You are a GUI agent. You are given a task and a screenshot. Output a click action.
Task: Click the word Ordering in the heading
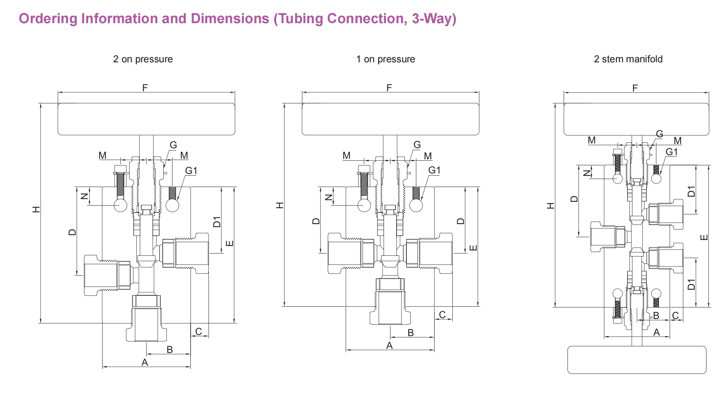click(x=48, y=19)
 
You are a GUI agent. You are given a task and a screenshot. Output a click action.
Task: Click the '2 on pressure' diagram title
click(x=143, y=59)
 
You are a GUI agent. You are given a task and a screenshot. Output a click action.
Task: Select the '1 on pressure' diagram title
click(x=386, y=59)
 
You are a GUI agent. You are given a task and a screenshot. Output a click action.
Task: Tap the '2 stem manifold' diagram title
click(x=628, y=59)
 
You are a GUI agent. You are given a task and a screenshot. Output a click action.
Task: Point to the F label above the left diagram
click(x=145, y=88)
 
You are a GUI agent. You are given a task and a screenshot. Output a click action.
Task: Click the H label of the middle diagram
click(x=280, y=206)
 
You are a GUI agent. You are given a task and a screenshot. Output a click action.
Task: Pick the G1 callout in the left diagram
click(x=191, y=171)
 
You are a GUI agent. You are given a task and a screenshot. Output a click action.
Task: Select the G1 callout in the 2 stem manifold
click(x=672, y=152)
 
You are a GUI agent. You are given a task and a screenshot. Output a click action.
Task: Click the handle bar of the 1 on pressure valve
click(x=390, y=119)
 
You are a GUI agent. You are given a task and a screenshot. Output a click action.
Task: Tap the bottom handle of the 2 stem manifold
click(x=637, y=360)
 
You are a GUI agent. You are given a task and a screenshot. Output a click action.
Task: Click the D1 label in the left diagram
click(x=217, y=222)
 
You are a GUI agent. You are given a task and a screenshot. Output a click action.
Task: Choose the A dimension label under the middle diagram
click(x=389, y=345)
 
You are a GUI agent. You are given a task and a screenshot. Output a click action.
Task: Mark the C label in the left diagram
click(x=199, y=331)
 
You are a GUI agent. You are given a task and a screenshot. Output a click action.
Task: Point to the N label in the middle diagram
click(x=329, y=197)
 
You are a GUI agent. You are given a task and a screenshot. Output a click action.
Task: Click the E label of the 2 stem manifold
click(x=704, y=237)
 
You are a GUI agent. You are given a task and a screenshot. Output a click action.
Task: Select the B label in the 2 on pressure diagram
click(x=170, y=349)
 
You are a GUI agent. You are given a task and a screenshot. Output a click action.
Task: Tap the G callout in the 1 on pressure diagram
click(x=417, y=145)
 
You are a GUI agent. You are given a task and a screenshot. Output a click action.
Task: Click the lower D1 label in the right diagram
click(x=691, y=284)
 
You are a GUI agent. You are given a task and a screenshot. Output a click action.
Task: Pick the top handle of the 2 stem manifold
click(x=636, y=119)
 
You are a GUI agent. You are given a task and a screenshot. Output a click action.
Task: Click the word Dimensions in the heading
click(x=230, y=19)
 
